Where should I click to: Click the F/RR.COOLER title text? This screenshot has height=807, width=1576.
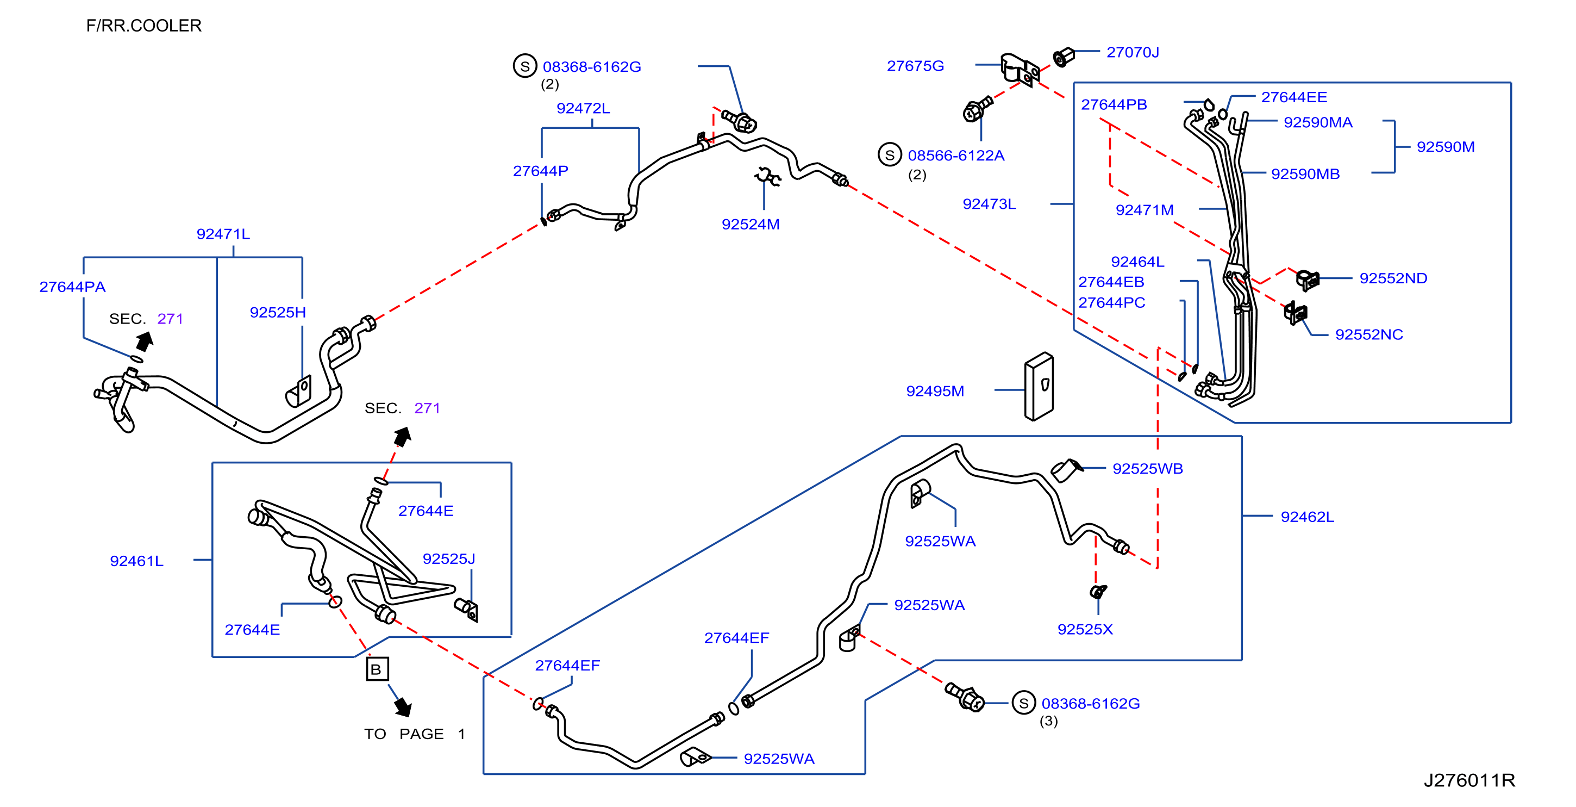point(144,26)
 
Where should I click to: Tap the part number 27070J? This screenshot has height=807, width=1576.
point(1133,53)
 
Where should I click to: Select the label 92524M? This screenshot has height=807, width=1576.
point(750,225)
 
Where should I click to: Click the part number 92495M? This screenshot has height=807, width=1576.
point(935,391)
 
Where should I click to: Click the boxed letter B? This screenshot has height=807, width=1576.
point(377,669)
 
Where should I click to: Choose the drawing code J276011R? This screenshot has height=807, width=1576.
point(1469,781)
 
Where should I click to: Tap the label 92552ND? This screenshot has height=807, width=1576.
point(1393,278)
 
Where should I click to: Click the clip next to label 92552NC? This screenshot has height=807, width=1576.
point(1294,312)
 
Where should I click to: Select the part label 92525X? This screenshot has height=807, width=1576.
point(1085,629)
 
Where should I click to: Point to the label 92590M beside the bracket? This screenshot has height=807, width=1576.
point(1445,147)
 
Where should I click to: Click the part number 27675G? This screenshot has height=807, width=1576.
point(915,66)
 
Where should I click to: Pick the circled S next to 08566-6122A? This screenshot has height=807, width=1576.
point(890,155)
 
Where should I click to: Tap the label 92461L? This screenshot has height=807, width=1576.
point(136,561)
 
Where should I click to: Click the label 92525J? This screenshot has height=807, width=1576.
point(448,559)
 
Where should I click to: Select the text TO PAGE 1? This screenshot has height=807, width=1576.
point(414,734)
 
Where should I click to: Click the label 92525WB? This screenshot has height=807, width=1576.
point(1147,469)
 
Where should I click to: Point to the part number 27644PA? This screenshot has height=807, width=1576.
point(72,287)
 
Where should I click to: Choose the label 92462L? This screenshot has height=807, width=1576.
point(1307,517)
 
